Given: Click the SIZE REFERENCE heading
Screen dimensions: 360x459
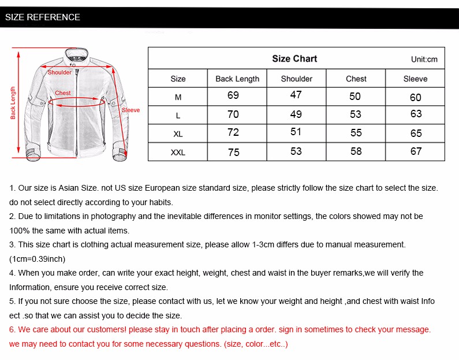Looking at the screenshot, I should point(43,17).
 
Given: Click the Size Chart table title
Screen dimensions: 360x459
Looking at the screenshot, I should point(294,58).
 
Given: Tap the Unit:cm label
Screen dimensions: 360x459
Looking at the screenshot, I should point(424,60).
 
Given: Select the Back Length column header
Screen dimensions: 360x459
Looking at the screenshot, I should point(237,79).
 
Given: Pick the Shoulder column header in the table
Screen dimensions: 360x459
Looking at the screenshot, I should point(296,79).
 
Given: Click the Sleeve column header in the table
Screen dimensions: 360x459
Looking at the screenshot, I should point(415,79).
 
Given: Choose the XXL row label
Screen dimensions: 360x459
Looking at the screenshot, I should point(178,153).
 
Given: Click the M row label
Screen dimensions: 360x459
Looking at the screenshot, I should point(178,97).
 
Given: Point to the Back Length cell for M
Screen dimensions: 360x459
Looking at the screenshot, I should point(233,95).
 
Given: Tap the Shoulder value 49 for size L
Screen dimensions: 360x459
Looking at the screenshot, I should point(296,114).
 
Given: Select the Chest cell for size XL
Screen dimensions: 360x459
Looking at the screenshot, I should point(356,133).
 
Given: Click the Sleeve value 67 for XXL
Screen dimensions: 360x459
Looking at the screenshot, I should point(416,151).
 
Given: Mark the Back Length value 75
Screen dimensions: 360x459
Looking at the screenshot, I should point(233,152).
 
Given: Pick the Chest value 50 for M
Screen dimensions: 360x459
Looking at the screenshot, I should point(355,97).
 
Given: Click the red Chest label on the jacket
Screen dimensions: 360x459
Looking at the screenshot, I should point(63,93).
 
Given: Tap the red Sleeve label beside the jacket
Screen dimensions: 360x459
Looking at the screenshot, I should point(130,110).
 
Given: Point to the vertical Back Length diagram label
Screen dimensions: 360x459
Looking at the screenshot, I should point(13,103).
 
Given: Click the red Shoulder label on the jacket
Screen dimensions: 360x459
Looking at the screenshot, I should point(59,73).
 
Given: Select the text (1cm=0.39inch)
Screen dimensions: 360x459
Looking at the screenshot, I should point(38,259).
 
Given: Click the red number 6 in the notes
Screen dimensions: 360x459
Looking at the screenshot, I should point(12,329).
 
